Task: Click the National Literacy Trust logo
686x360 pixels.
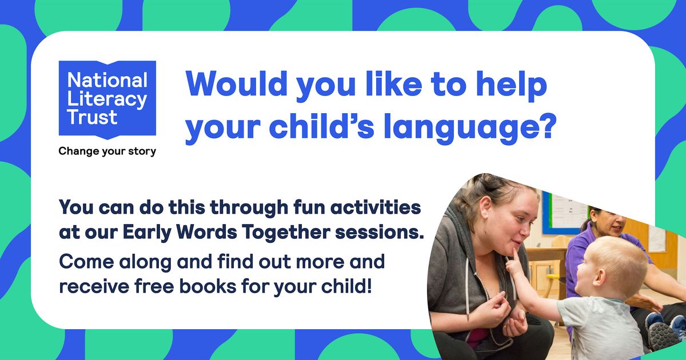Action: click(x=107, y=99)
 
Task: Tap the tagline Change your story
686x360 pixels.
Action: click(x=107, y=151)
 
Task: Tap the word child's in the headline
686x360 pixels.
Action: click(x=321, y=125)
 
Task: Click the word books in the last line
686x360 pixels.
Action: click(x=208, y=286)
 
